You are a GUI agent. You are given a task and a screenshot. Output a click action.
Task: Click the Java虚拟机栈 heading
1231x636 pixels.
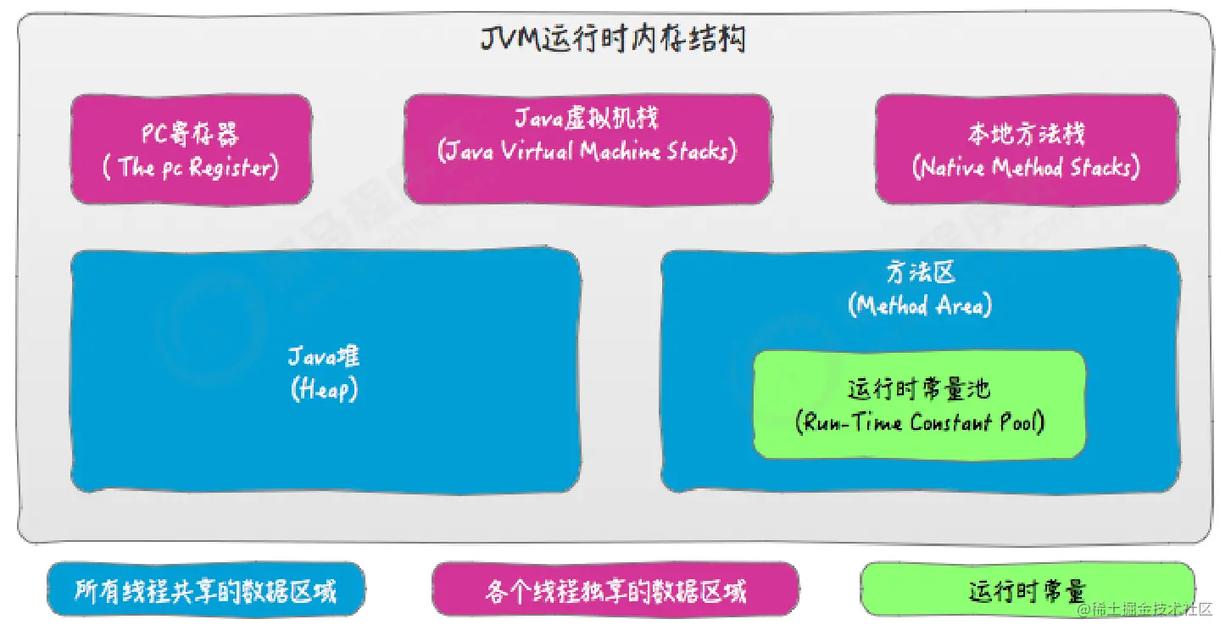click(588, 119)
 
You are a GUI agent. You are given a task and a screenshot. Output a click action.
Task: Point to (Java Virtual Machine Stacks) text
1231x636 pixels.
click(588, 152)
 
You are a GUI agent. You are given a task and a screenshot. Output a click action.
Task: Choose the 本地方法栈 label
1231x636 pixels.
click(1026, 134)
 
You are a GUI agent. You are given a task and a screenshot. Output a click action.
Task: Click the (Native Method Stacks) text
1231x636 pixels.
click(1026, 167)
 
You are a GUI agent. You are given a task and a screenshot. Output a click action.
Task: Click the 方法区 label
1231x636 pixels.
click(920, 273)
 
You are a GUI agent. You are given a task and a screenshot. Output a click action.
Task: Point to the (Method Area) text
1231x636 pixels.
click(920, 305)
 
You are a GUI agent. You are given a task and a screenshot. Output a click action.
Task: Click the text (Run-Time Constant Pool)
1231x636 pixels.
click(920, 421)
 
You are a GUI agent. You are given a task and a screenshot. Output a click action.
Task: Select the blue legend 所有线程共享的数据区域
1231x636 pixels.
click(206, 589)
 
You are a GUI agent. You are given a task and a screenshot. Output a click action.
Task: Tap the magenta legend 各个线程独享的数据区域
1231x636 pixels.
click(615, 589)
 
